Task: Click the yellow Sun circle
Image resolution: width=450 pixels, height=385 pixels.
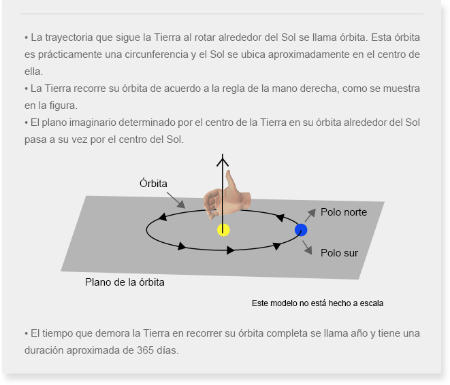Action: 223,230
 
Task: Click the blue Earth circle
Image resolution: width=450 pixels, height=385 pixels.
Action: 301,230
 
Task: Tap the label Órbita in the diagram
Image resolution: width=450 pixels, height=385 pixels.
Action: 153,184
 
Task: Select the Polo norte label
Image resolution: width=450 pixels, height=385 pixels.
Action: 344,212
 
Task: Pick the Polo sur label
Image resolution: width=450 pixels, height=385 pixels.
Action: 339,253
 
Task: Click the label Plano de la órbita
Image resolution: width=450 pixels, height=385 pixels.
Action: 125,282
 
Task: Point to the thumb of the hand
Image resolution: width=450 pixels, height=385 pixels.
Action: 231,181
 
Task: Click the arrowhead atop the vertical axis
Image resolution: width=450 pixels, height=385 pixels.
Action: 223,160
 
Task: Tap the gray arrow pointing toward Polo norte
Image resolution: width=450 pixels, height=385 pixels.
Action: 310,216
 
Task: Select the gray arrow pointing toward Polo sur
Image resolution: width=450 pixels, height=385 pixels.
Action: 307,248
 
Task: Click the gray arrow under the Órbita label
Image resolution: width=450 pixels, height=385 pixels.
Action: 176,200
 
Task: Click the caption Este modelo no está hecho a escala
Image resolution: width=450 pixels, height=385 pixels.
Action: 317,303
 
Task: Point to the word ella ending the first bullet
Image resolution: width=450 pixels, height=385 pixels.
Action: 33,71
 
